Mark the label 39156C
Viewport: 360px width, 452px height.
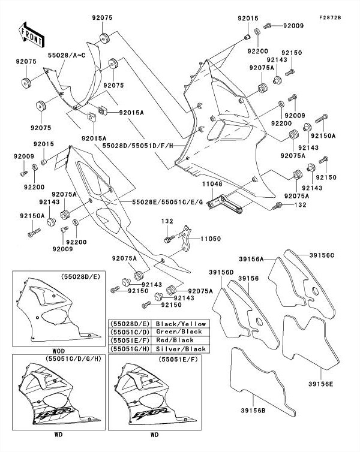point(322,256)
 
